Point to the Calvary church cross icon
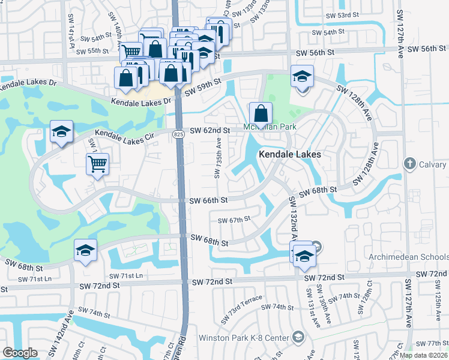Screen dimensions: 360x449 pyautogui.click(x=410, y=163)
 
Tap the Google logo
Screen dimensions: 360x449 pyautogui.click(x=20, y=353)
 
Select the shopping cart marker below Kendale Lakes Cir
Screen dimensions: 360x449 pyautogui.click(x=97, y=163)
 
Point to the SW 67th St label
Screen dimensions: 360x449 pyautogui.click(x=234, y=220)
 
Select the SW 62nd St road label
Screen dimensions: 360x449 pyautogui.click(x=210, y=130)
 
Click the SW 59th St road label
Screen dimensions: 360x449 pyautogui.click(x=203, y=90)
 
